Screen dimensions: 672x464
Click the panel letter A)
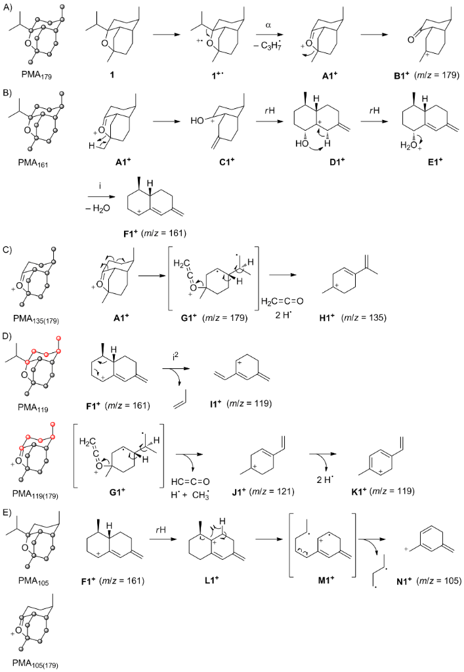[x=9, y=7]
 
